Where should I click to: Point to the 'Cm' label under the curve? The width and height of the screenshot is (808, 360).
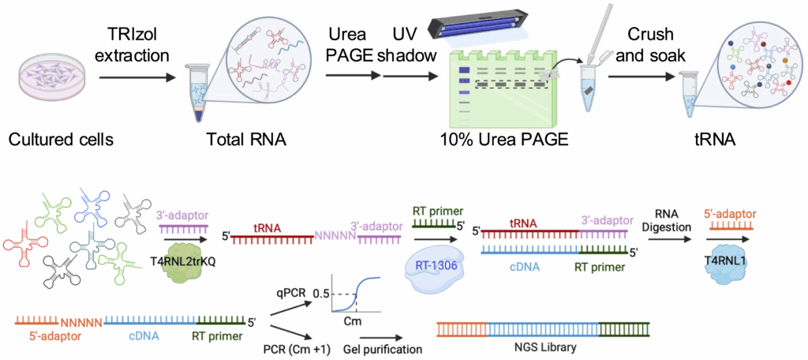tap(353, 322)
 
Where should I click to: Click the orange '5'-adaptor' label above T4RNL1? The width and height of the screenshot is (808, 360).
tap(720, 213)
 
